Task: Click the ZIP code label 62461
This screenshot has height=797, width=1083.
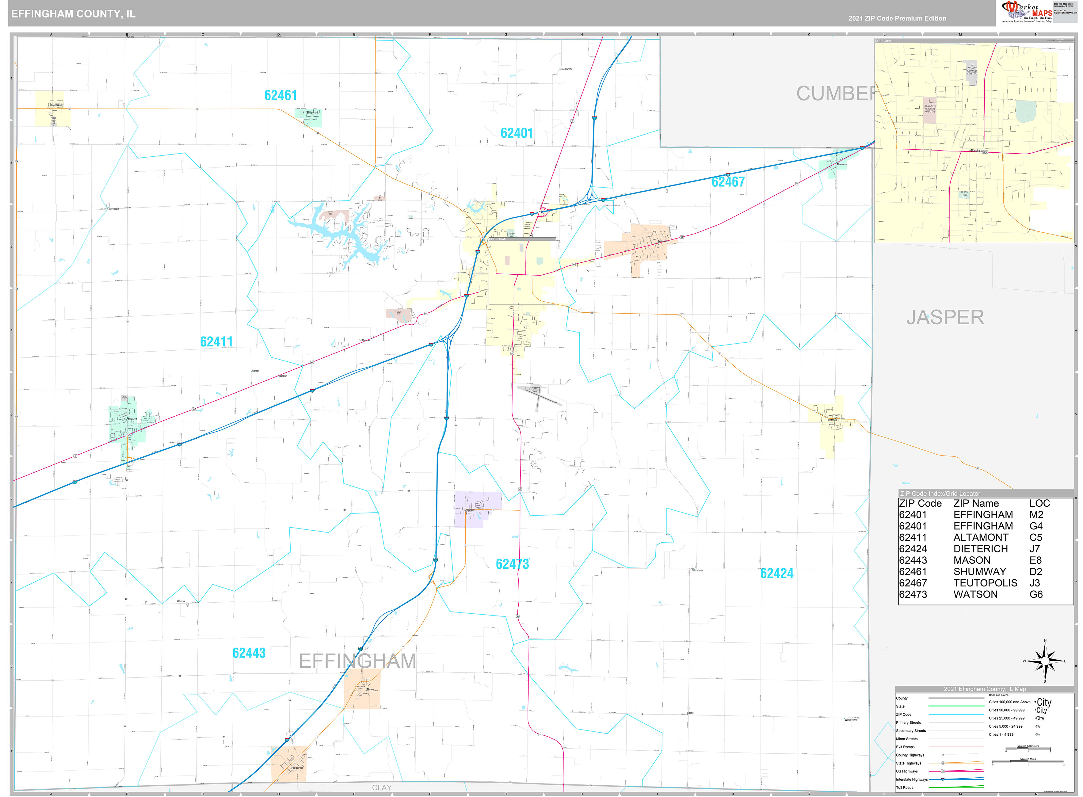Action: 280,96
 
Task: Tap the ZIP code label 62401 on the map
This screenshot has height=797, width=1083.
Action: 517,133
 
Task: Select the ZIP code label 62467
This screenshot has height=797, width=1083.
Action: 728,182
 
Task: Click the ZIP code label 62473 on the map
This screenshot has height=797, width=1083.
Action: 512,564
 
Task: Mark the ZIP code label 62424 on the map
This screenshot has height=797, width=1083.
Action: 777,573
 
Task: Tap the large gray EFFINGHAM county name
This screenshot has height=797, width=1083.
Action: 357,661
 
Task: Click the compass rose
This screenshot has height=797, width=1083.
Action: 1045,661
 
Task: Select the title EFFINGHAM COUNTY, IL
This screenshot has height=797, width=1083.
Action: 73,13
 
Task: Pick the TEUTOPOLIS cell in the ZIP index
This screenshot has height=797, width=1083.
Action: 985,583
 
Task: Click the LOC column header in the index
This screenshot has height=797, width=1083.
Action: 1039,503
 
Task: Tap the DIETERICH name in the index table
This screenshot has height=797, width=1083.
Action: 980,548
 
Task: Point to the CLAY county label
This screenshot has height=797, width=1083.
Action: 382,787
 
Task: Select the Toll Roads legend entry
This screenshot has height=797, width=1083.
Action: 905,787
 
